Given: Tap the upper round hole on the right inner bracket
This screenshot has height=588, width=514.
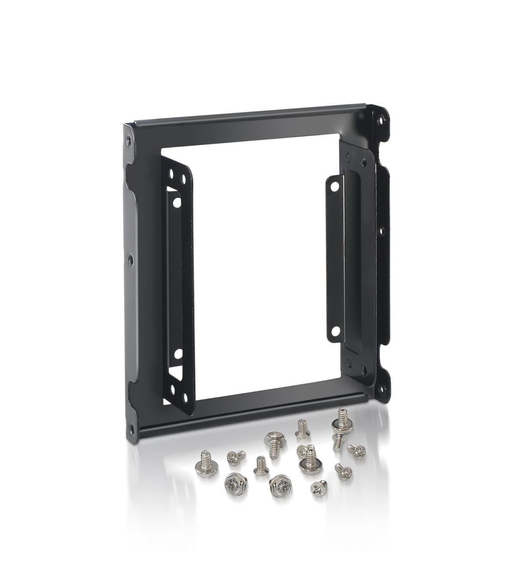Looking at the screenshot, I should tap(334, 186).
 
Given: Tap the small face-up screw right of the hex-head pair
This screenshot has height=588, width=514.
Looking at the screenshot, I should tap(317, 488).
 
